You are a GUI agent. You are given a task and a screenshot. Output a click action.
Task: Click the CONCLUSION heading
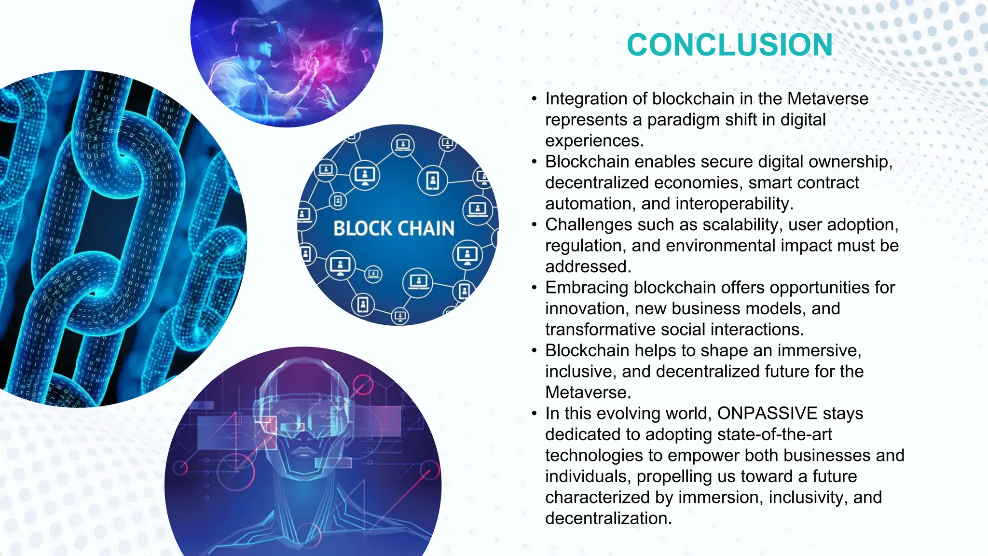(729, 45)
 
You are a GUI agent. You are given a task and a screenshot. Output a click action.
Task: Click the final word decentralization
(608, 518)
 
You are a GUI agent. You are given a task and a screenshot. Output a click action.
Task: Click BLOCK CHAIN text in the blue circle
(394, 228)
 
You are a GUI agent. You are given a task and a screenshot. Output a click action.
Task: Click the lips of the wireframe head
(303, 453)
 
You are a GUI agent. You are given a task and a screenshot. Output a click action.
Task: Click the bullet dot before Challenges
(534, 225)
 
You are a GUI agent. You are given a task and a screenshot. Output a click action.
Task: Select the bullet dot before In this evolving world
(534, 414)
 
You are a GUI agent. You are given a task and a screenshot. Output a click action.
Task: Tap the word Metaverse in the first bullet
(828, 99)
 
